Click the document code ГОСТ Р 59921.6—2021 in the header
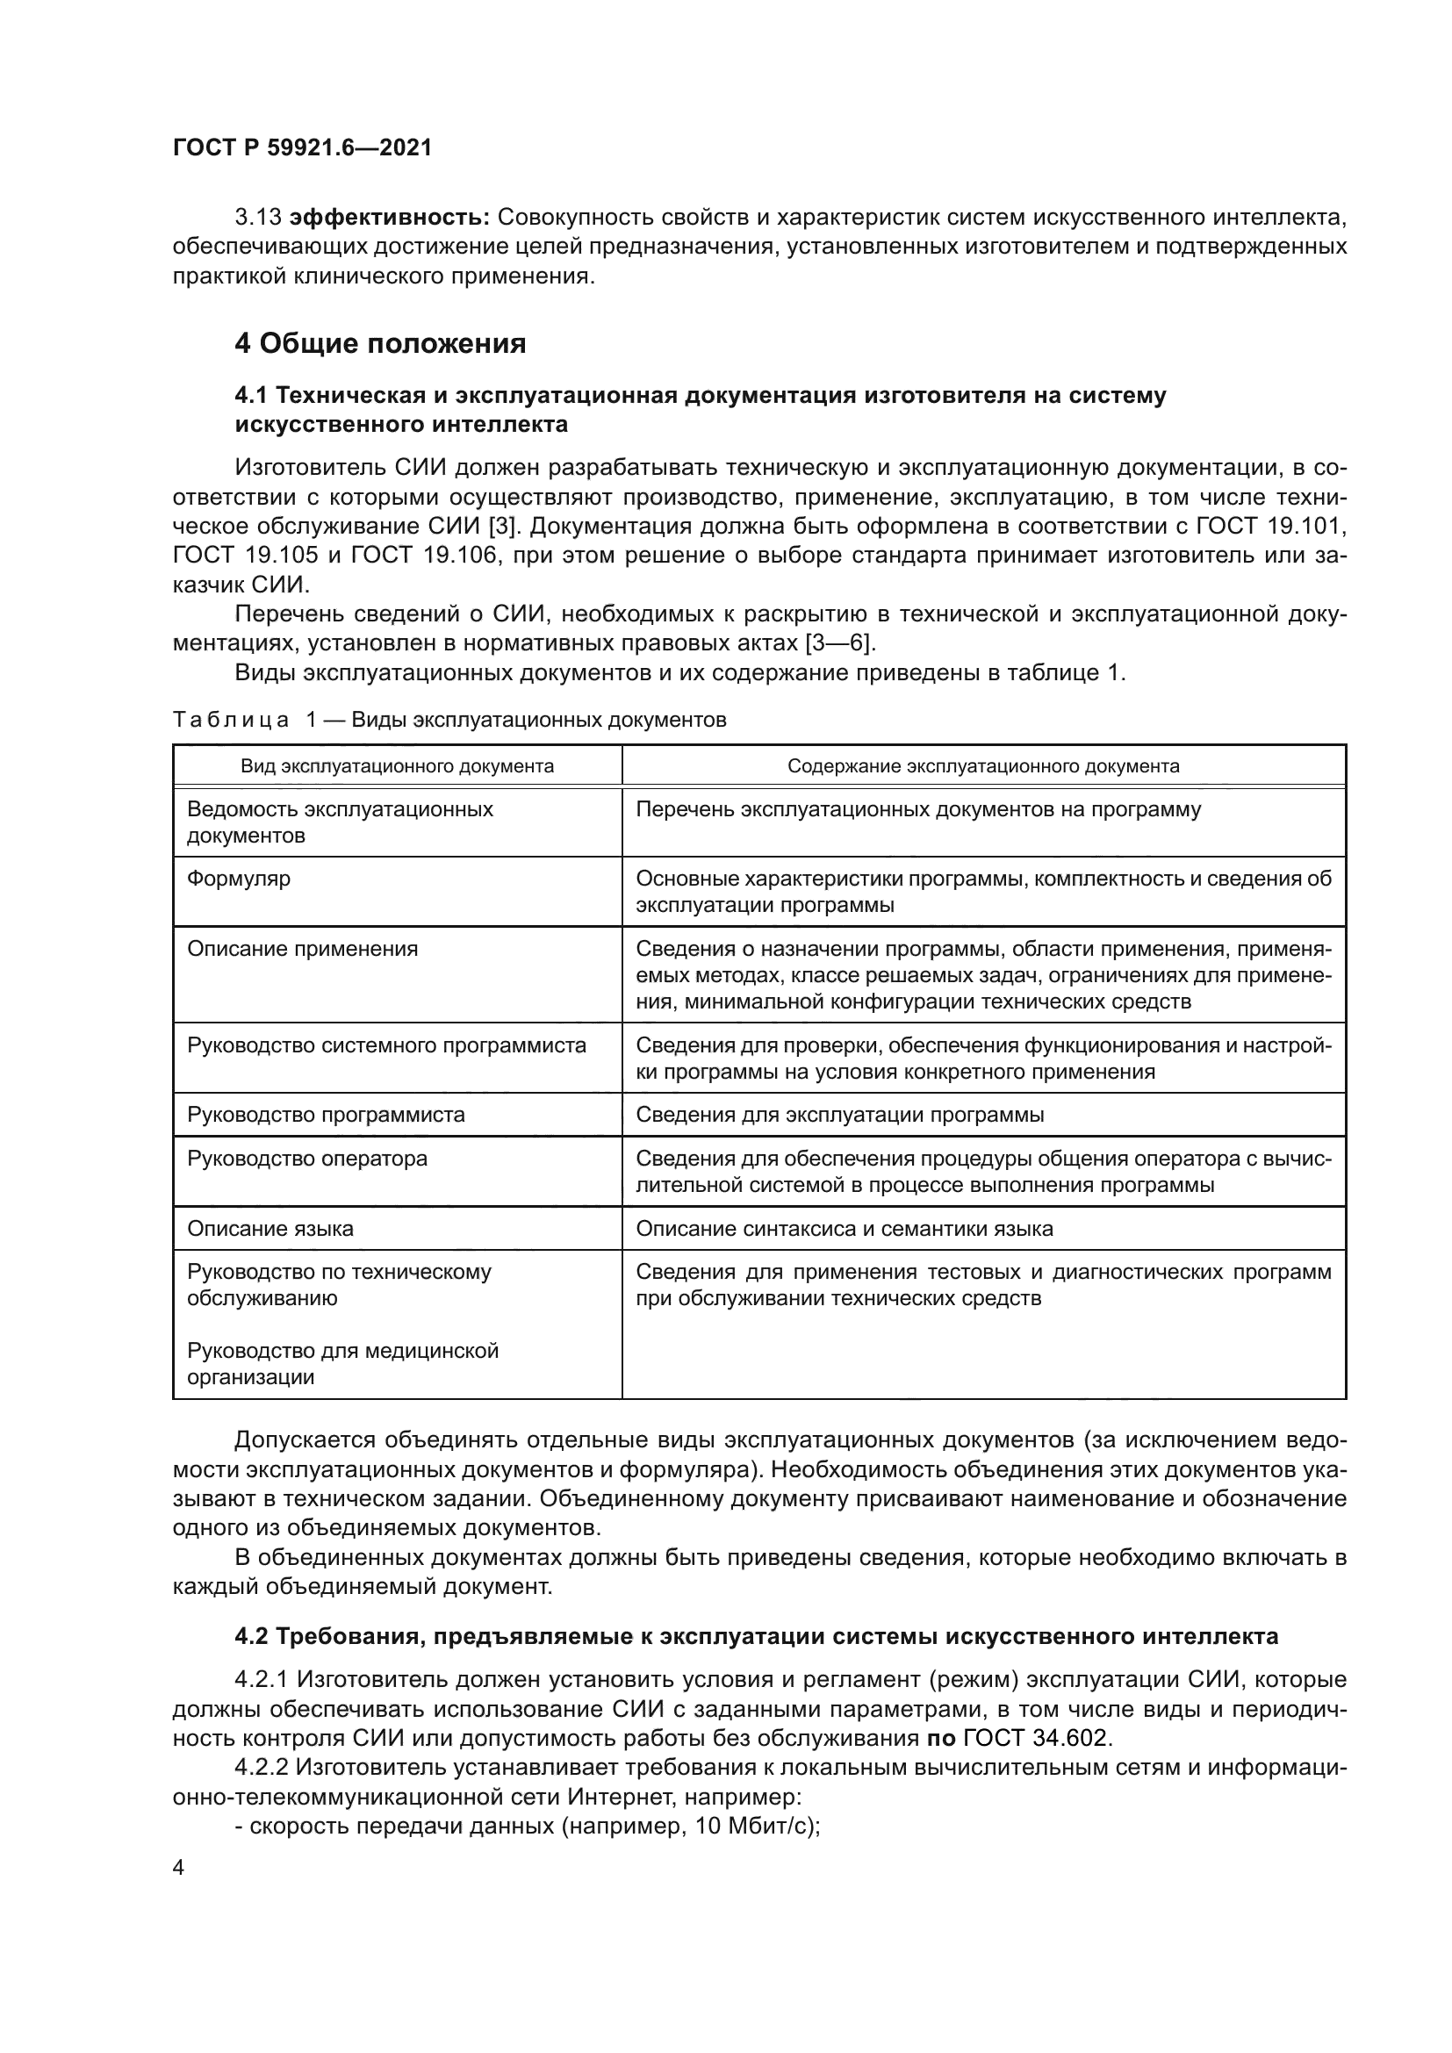point(302,148)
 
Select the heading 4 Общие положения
point(380,343)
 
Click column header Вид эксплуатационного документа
point(397,766)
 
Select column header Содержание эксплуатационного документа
point(982,766)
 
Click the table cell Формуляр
point(239,879)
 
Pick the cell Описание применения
point(302,949)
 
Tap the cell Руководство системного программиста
point(386,1045)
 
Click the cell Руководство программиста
point(326,1115)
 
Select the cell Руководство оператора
point(306,1159)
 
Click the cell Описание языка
point(270,1229)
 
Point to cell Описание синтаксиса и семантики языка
point(844,1229)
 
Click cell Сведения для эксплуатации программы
point(839,1115)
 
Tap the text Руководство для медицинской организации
point(342,1364)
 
